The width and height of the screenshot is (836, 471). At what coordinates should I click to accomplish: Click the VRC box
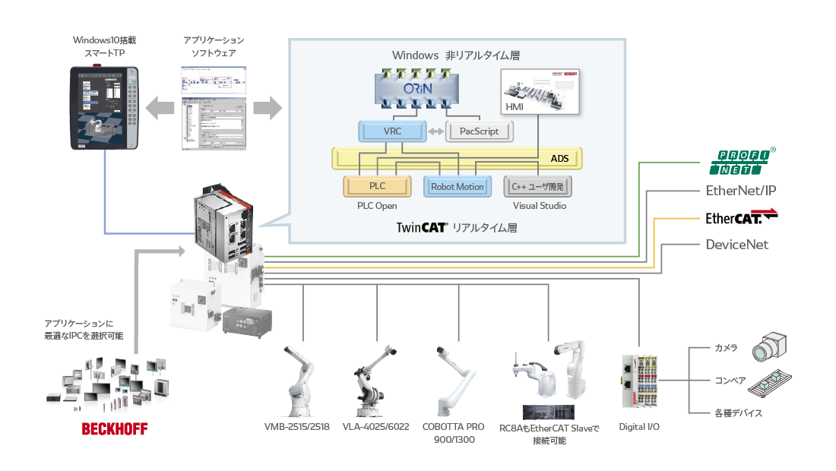coord(391,131)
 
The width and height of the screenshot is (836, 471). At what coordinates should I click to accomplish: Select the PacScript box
coord(480,131)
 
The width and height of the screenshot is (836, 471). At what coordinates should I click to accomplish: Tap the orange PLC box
coord(377,186)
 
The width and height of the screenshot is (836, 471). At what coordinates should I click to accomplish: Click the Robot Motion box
coord(457,186)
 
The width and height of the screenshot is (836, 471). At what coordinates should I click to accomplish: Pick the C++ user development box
coord(538,186)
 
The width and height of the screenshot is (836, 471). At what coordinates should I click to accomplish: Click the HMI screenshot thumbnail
coord(540,92)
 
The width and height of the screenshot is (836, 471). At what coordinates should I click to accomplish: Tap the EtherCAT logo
coord(742,217)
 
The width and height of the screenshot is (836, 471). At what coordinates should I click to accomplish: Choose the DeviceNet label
coord(736,245)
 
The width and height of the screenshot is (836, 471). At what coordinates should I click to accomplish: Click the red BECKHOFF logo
coord(115,429)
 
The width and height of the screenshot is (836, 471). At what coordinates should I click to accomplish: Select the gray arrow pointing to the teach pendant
coord(160,107)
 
